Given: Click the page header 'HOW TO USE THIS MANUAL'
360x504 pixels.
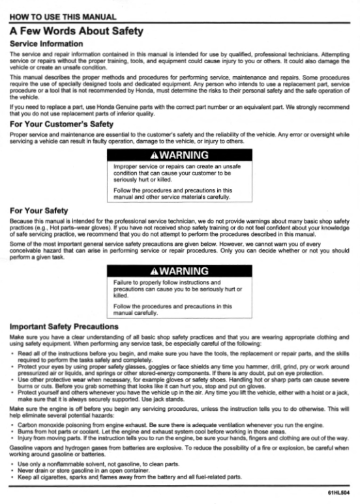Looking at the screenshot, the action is (x=63, y=16).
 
